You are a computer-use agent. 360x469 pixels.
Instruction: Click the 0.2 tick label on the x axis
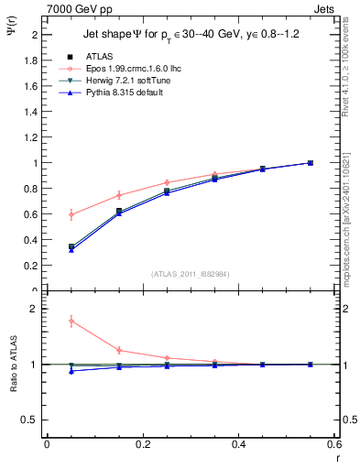(x=142, y=444)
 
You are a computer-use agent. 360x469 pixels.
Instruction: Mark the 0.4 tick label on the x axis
(x=238, y=444)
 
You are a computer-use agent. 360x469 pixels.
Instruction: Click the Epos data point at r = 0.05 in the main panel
(x=71, y=214)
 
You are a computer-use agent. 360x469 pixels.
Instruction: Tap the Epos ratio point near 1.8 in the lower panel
(x=71, y=321)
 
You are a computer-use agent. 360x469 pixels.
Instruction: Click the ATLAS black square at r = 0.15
(x=119, y=212)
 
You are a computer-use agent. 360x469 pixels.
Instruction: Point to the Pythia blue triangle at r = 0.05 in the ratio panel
(x=71, y=370)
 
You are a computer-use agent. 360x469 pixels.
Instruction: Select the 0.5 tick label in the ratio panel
(x=32, y=420)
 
